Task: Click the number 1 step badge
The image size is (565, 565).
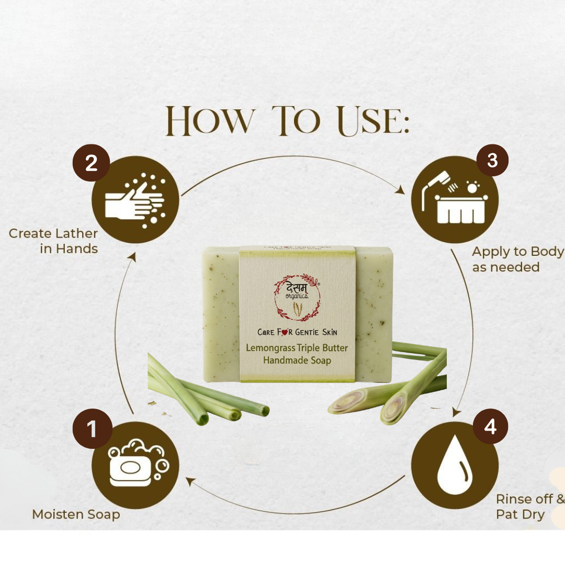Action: click(x=93, y=429)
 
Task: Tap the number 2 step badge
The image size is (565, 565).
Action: click(x=91, y=163)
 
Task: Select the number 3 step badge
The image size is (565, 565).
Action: click(x=492, y=160)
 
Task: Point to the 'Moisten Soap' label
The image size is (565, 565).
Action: click(x=76, y=514)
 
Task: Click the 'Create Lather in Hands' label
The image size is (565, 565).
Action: click(x=54, y=241)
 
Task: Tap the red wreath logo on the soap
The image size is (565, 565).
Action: click(x=297, y=297)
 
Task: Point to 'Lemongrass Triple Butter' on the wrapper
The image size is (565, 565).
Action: click(x=297, y=348)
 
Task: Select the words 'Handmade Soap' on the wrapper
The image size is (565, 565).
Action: click(x=297, y=360)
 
